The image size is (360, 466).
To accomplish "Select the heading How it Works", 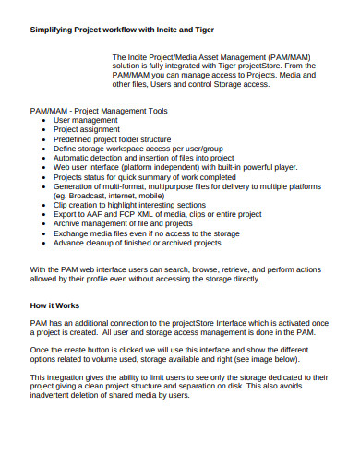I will (x=54, y=304).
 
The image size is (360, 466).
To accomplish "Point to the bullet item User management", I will (x=87, y=120).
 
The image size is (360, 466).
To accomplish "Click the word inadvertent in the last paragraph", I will (x=56, y=395).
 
